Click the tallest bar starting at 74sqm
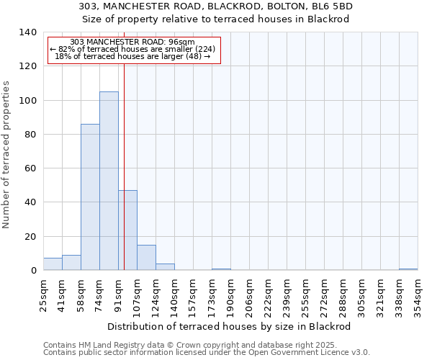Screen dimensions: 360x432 pos(109,181)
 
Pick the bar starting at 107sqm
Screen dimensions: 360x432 pos(146,258)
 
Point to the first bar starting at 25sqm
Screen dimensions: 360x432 pos(53,264)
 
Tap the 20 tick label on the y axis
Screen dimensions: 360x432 pos(31,237)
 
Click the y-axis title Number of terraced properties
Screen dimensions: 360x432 pos(7,154)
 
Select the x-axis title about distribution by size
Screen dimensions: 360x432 pos(228,326)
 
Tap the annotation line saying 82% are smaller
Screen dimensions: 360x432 pos(133,49)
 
